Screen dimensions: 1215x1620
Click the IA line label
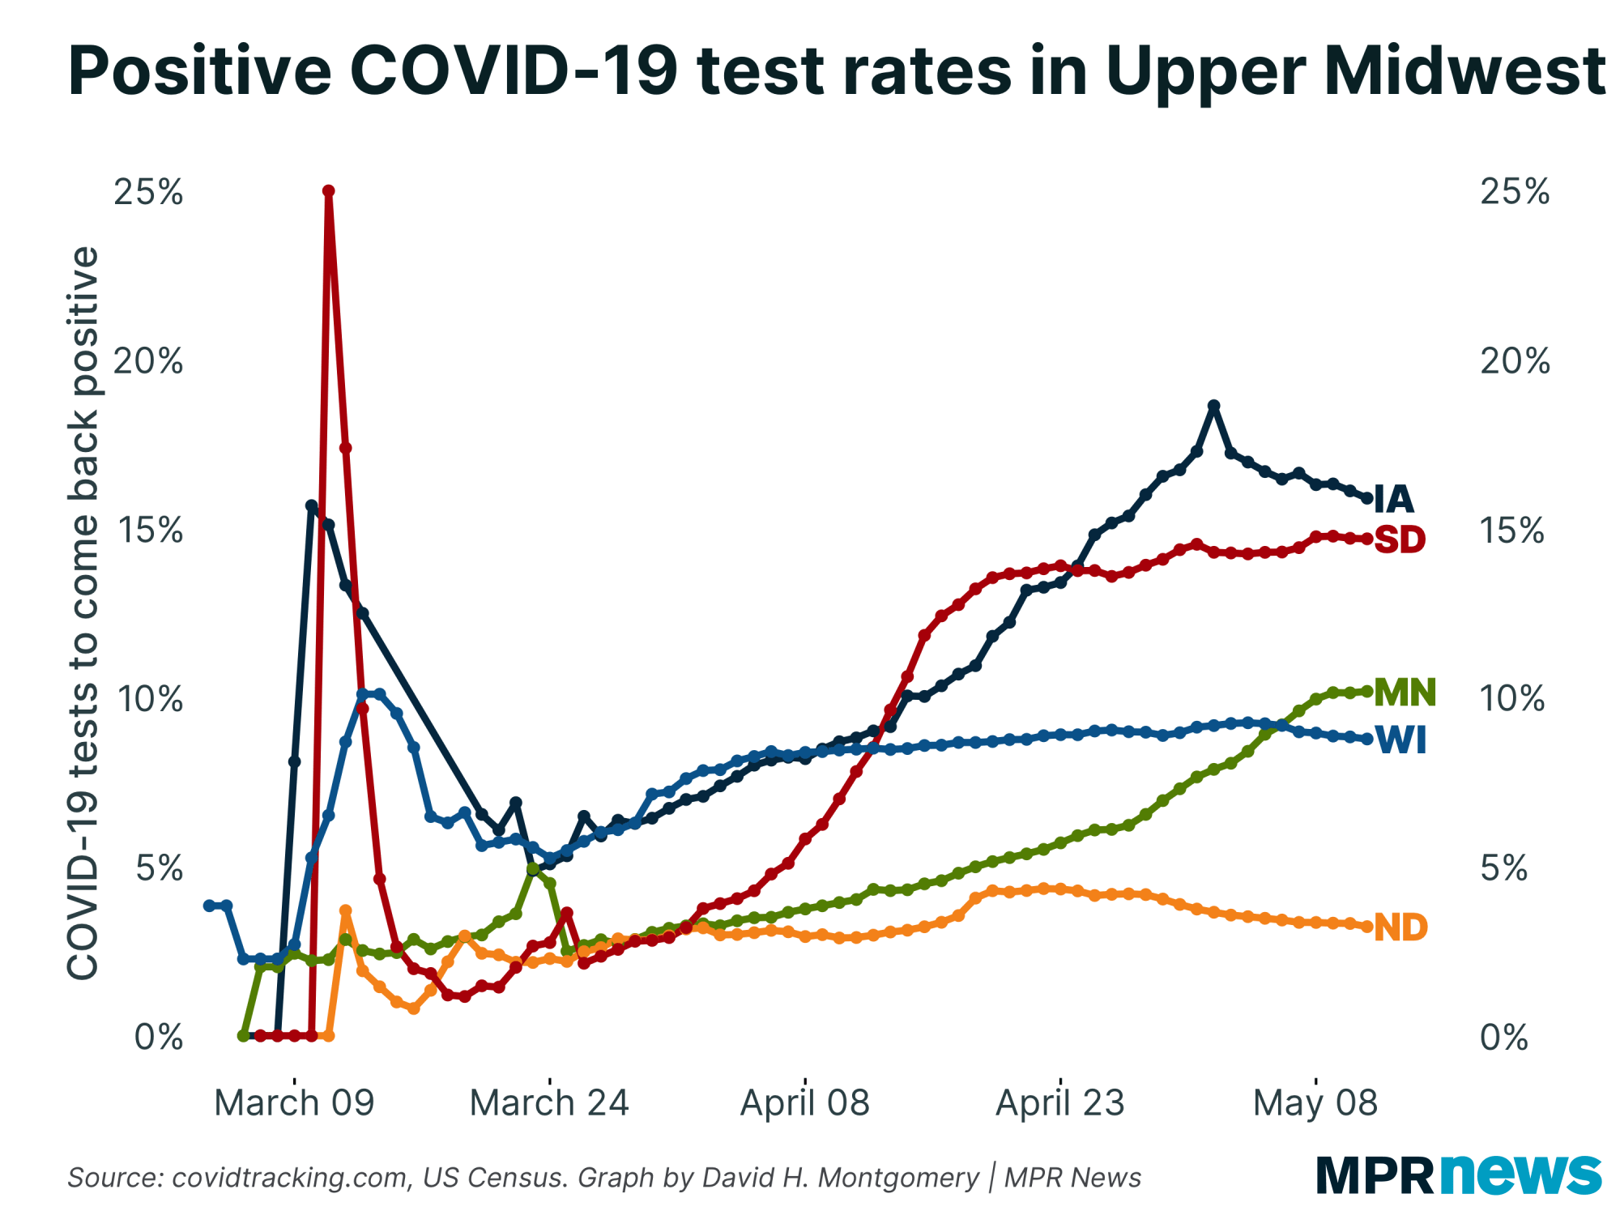click(x=1394, y=500)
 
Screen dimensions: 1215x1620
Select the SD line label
click(x=1400, y=539)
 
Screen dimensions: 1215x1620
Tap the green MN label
click(x=1405, y=693)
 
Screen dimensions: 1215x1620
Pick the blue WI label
click(x=1401, y=740)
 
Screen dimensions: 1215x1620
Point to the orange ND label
click(x=1400, y=927)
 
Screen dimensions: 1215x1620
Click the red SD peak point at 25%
click(x=329, y=191)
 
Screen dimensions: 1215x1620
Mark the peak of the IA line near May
click(x=1213, y=405)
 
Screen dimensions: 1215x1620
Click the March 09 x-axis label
click(x=294, y=1103)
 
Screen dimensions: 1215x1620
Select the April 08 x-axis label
click(x=804, y=1103)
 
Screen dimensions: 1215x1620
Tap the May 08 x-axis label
click(x=1315, y=1103)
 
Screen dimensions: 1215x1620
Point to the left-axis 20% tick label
click(x=148, y=361)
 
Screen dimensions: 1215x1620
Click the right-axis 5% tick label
click(x=1503, y=868)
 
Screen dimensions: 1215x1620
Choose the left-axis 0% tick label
click(x=158, y=1037)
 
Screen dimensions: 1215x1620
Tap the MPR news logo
click(x=1458, y=1174)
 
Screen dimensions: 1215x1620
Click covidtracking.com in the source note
click(x=290, y=1178)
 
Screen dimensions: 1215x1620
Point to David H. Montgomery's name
click(x=841, y=1178)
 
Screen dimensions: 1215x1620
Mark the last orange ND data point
click(x=1367, y=927)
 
